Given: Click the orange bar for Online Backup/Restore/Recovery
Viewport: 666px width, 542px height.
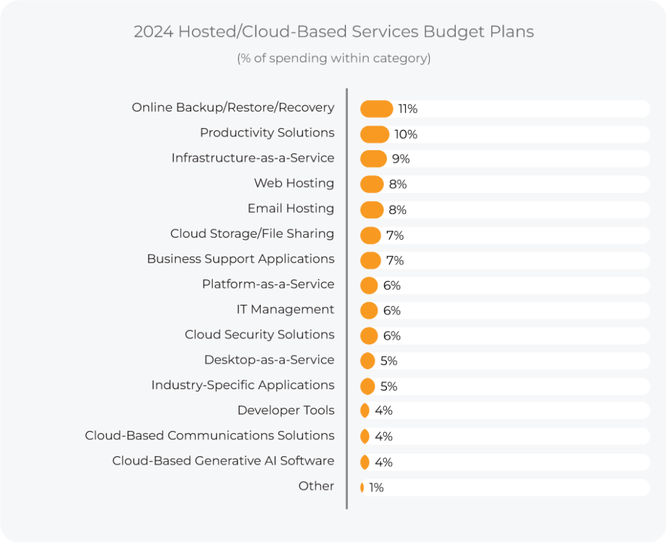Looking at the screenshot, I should [377, 109].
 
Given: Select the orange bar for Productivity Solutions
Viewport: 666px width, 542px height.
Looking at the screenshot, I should [375, 134].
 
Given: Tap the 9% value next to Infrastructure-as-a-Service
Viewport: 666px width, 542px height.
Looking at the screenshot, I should [401, 159].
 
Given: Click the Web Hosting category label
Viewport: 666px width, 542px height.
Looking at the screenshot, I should [294, 183].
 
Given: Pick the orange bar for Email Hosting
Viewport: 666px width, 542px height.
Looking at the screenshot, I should [372, 210].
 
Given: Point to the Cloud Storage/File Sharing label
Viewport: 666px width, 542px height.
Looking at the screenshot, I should [252, 233].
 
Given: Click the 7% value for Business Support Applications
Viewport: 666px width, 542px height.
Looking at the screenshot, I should [395, 261].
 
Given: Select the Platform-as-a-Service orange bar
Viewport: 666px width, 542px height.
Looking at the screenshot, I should [369, 285].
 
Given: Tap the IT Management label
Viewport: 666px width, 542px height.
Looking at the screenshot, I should [286, 309].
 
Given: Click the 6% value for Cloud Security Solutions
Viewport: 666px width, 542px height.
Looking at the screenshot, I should [392, 336].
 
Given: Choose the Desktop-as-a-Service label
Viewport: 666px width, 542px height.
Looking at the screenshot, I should [269, 359].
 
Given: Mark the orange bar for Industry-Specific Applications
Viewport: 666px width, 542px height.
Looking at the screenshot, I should [367, 386].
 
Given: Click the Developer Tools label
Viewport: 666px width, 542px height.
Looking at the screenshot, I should [286, 410].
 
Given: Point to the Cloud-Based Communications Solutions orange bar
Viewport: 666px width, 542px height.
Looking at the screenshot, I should [365, 437].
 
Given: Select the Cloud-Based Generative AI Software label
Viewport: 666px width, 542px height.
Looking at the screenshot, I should [223, 461].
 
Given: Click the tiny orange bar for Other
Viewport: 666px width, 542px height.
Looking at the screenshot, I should [362, 487].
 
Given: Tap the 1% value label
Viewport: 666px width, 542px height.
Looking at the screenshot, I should [377, 487].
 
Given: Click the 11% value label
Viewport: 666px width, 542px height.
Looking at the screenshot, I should [408, 109].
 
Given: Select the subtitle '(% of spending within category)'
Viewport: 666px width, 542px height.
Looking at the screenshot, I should [334, 58].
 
